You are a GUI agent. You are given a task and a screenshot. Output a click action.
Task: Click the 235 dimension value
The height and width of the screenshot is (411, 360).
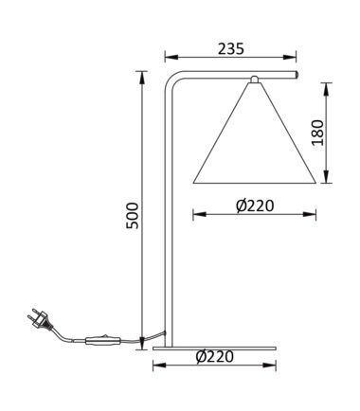click(231, 49)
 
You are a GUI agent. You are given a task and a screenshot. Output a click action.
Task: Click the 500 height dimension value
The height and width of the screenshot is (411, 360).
click(132, 216)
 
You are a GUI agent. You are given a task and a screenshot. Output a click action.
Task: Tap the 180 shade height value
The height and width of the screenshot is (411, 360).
click(317, 133)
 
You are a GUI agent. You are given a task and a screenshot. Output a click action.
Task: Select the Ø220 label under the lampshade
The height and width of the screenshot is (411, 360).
click(255, 206)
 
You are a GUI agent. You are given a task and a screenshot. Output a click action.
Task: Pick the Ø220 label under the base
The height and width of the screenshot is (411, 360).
click(215, 357)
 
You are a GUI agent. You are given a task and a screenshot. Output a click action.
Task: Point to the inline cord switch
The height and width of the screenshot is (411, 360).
click(102, 340)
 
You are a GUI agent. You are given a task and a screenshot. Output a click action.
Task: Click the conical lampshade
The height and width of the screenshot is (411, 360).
click(255, 133)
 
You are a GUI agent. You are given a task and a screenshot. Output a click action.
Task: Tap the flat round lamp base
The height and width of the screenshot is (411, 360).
click(214, 348)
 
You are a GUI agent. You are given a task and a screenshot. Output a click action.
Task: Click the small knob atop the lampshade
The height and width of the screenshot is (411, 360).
click(255, 80)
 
